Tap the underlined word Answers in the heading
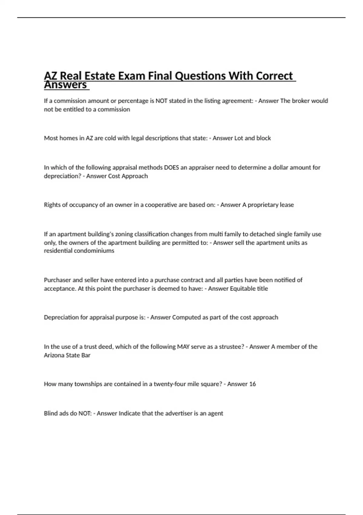tap(65, 85)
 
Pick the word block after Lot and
tap(263, 138)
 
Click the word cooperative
tap(161, 205)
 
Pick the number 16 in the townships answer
tap(252, 384)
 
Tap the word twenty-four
tap(170, 384)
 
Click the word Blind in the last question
tap(51, 414)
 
